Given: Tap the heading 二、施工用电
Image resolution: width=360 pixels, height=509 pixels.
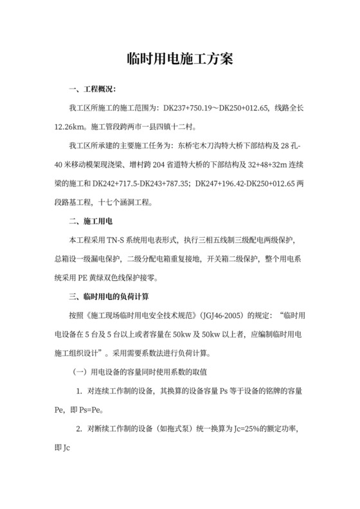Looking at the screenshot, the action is (x=91, y=221).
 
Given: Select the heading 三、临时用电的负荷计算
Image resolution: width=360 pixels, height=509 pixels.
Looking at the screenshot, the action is (x=109, y=297).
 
